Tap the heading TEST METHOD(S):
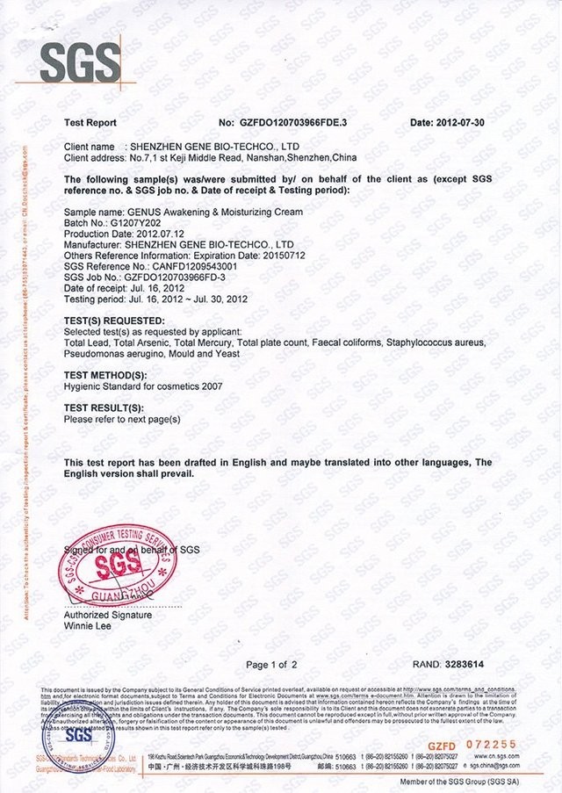pyautogui.click(x=105, y=375)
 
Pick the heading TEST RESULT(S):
pyautogui.click(x=104, y=409)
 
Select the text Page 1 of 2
pyautogui.click(x=272, y=665)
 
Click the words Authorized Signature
pyautogui.click(x=108, y=615)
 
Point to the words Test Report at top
pyautogui.click(x=90, y=123)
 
